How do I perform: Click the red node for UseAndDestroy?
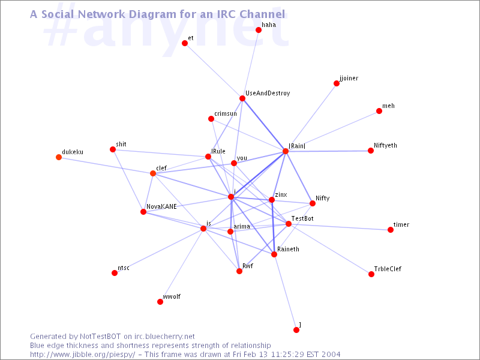pos(242,98)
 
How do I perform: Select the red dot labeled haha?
pos(259,30)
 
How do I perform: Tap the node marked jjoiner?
pos(337,83)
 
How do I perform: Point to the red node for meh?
pos(379,111)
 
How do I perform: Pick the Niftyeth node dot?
pos(371,151)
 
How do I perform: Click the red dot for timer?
pos(391,230)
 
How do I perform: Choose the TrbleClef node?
pos(371,274)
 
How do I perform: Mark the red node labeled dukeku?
pos(59,157)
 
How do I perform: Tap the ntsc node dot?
pos(115,273)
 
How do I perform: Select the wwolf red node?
pos(160,302)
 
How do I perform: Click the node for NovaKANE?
pos(143,212)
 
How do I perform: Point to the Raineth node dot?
pos(274,254)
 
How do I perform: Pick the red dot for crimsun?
pos(211,118)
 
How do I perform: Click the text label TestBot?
pos(302,218)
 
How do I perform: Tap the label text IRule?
pos(218,151)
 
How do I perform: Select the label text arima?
pos(242,226)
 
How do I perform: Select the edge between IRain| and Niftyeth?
pos(328,151)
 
